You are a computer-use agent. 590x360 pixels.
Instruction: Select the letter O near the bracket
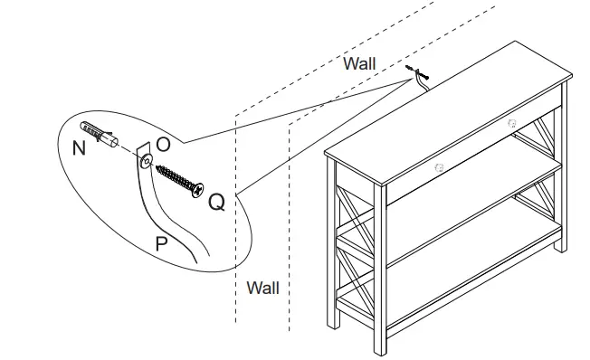tap(163, 143)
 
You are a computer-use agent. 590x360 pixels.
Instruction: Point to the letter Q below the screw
tap(216, 202)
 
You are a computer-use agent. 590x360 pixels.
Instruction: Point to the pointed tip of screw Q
tap(158, 166)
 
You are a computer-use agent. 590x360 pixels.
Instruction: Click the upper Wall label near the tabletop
tap(359, 63)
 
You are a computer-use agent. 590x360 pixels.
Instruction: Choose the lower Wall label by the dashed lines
tap(263, 288)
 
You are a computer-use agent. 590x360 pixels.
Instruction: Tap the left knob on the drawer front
tap(440, 166)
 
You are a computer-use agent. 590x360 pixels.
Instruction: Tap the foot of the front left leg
tap(334, 324)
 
